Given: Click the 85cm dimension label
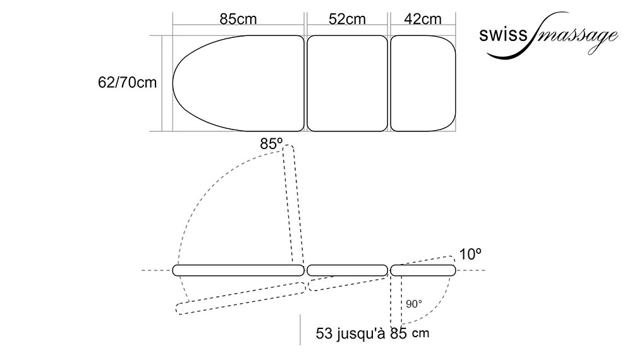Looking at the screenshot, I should [238, 18].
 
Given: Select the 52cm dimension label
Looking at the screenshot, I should [347, 18].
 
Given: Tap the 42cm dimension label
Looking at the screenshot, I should [423, 18].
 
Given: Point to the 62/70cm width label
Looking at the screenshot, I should [128, 83].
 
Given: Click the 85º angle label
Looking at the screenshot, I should [271, 144].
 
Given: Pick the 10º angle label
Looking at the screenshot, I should [471, 255].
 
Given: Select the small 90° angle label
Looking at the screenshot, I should [414, 304].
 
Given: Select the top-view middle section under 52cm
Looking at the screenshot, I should [347, 83].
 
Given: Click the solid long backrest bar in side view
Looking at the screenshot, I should [238, 270].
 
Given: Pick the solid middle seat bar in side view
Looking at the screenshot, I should [347, 270].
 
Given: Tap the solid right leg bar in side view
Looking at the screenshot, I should [423, 270].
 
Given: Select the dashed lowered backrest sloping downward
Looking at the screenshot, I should [240, 297].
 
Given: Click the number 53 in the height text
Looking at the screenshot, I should [324, 333].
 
